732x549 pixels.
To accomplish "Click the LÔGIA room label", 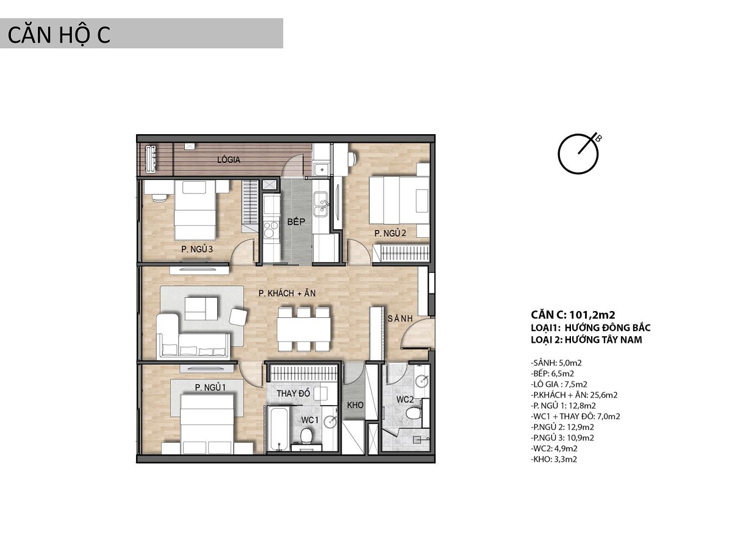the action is click(x=228, y=160).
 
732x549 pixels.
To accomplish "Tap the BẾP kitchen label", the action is click(x=296, y=221).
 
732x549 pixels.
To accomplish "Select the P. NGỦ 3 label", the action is click(x=197, y=249).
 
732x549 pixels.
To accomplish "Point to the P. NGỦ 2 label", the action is click(x=390, y=233).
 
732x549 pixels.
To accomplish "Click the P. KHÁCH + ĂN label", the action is click(x=287, y=293).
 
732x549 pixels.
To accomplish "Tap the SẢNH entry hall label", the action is click(x=400, y=318).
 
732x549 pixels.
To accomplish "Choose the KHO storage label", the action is click(x=355, y=405).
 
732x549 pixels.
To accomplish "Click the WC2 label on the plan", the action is click(x=405, y=400).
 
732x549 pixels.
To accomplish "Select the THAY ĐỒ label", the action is click(x=293, y=393).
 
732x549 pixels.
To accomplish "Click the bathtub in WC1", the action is click(x=279, y=428).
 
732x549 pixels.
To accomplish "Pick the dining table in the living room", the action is click(x=304, y=329).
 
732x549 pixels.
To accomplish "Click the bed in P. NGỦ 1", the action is click(x=207, y=424).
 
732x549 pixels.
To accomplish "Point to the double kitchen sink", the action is click(x=321, y=204).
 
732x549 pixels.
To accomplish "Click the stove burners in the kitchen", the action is click(x=271, y=230).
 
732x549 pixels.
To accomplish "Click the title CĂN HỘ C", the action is click(x=59, y=35).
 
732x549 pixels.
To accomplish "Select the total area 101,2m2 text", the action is click(x=592, y=315).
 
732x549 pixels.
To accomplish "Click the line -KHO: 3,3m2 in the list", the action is click(x=554, y=459).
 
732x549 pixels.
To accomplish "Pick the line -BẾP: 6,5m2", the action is click(x=552, y=373).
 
